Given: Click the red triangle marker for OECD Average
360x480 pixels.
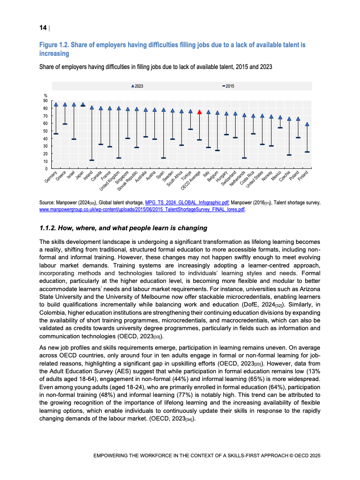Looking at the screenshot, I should click(199, 112).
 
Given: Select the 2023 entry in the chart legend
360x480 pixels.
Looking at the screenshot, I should click(137, 86).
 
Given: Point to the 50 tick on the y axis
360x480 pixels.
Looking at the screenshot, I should click(46, 131).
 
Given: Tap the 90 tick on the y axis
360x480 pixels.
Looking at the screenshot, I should click(46, 101).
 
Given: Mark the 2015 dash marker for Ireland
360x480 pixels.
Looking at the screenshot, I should click(92, 160).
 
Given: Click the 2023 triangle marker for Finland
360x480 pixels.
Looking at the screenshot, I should click(307, 124).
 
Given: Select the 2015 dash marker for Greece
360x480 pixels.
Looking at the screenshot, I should click(65, 124).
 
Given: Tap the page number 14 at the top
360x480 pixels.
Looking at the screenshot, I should click(43, 28).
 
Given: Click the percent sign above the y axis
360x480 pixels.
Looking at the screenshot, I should click(45, 95).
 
